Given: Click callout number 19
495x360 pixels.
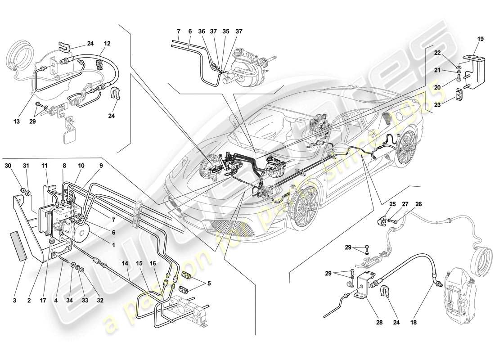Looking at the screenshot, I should coord(480,39).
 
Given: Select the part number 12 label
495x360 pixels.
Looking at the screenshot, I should coord(108,44).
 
